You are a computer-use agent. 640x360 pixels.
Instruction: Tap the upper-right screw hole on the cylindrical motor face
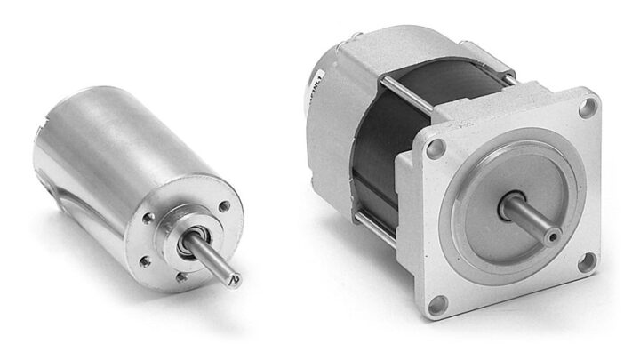pyautogui.click(x=224, y=206)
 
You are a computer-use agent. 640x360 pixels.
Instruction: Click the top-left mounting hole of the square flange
pyautogui.click(x=435, y=149)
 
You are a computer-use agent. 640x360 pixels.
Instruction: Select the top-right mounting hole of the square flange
pyautogui.click(x=586, y=108)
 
